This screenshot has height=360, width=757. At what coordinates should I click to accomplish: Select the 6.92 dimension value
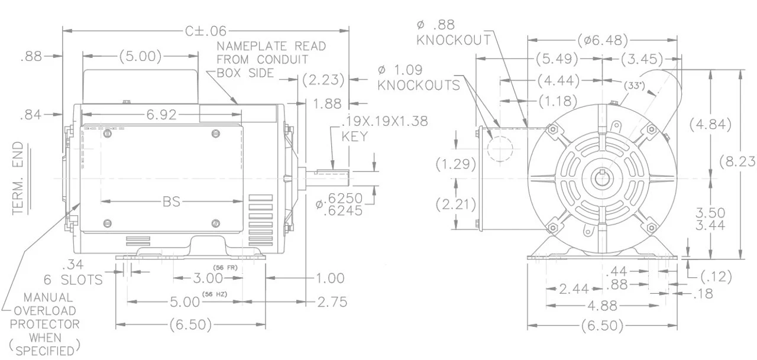(x=161, y=115)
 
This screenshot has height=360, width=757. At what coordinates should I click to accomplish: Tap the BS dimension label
(x=172, y=202)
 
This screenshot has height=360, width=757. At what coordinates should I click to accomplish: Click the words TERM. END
(x=20, y=179)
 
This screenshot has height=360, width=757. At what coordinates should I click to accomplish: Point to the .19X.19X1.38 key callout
(x=384, y=128)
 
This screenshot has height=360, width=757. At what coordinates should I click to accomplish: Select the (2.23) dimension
(x=323, y=79)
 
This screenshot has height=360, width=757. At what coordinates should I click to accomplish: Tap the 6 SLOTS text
(x=73, y=280)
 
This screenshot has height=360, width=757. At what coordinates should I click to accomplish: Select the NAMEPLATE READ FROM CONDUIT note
(x=271, y=59)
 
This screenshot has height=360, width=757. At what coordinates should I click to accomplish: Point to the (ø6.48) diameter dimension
(x=603, y=40)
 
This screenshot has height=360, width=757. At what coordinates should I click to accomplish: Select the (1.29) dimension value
(x=456, y=164)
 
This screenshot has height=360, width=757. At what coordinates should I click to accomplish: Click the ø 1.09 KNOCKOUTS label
(x=419, y=77)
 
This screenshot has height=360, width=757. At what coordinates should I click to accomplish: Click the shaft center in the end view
(x=603, y=178)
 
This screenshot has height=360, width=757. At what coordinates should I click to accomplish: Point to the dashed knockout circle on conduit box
(x=499, y=148)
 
